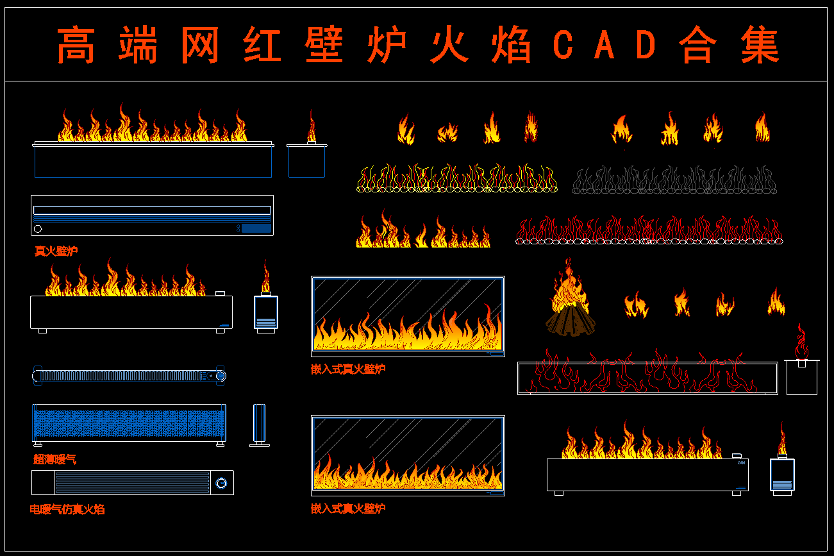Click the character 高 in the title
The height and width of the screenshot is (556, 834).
click(x=76, y=46)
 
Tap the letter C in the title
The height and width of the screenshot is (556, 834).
click(x=562, y=46)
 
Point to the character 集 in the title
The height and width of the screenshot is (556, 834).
click(x=760, y=46)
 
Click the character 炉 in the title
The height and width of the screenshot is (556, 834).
click(x=387, y=46)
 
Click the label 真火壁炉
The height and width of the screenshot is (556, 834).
click(x=56, y=251)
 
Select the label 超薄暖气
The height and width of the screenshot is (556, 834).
click(x=55, y=460)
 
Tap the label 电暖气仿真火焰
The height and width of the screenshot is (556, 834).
click(x=67, y=510)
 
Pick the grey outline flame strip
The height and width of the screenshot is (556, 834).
click(x=674, y=180)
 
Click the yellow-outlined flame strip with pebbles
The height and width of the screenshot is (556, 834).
click(x=456, y=180)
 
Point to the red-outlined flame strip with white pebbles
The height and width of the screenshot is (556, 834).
click(x=649, y=232)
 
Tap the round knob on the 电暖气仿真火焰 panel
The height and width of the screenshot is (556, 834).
click(x=222, y=483)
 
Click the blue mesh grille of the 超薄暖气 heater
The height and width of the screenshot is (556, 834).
click(x=128, y=423)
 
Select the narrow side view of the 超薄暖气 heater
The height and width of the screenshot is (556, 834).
click(x=259, y=424)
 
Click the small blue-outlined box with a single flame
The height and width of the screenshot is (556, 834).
click(x=306, y=161)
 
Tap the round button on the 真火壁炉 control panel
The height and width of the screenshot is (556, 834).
click(x=38, y=229)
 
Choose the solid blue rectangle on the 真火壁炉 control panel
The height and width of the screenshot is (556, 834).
click(x=256, y=228)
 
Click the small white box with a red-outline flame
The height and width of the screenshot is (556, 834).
click(x=801, y=378)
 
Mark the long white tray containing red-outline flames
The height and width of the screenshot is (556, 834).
click(x=647, y=378)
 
